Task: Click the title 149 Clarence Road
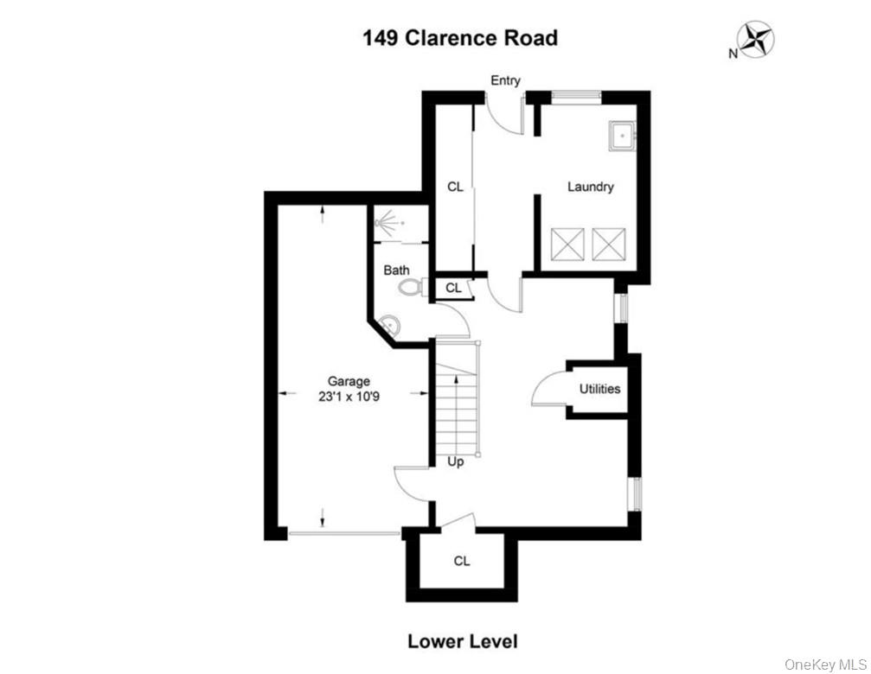[x=459, y=38]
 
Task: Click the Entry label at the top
[x=505, y=80]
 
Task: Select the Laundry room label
[x=590, y=187]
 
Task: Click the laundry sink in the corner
[x=622, y=137]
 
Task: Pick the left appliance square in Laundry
[x=567, y=243]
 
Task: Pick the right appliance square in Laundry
[x=609, y=243]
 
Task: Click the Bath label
[x=396, y=270]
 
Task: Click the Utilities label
[x=599, y=389]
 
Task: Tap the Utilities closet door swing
[x=547, y=391]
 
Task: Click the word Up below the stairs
[x=455, y=462]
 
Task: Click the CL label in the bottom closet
[x=462, y=562]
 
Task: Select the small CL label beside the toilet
[x=453, y=288]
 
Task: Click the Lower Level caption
[x=462, y=641]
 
